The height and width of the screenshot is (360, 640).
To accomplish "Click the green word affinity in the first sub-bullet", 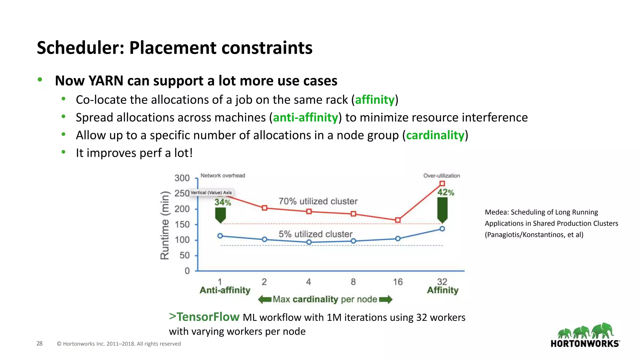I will (375, 100).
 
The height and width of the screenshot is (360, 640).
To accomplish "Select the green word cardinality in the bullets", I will (435, 135).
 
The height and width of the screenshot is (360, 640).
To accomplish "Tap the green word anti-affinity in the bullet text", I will (305, 118).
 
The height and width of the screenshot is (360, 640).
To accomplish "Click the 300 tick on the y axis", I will (182, 178).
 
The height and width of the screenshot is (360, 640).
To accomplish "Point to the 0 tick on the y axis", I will (187, 271).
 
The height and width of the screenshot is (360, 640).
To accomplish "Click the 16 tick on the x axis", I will (397, 282).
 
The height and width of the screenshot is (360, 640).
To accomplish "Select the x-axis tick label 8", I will (353, 282).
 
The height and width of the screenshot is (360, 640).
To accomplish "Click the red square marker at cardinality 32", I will (442, 183).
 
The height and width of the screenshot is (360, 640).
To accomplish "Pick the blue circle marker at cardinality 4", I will (309, 242).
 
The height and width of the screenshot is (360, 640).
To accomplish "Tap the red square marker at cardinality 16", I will (398, 220).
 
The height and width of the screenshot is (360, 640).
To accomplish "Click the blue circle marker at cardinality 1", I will (220, 236).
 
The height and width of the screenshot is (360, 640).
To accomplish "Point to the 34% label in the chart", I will (222, 202).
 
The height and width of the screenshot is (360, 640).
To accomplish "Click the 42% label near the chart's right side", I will (446, 192).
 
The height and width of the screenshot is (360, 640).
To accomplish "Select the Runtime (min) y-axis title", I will (165, 225).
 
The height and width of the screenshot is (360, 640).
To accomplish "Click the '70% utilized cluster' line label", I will (318, 201).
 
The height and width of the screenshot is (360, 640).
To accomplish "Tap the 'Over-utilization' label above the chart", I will (442, 176).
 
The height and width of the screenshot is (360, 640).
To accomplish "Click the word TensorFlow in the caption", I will (208, 317).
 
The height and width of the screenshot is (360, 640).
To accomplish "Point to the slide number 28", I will (39, 343).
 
